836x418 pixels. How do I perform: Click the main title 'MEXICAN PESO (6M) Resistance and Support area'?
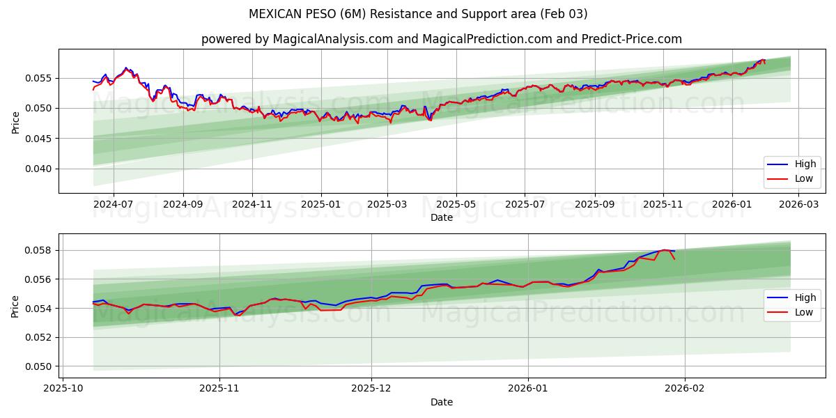pos(417,14)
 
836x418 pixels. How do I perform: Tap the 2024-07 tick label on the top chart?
pos(114,205)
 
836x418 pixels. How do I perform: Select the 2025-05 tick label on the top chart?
pos(456,205)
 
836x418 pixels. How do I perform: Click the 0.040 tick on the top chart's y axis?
pos(39,169)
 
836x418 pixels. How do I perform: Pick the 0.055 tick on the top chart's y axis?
pos(39,78)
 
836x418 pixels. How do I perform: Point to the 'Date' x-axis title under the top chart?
pos(441,217)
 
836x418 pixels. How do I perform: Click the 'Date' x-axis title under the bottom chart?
pos(441,402)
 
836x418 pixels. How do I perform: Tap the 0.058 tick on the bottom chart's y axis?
pos(39,250)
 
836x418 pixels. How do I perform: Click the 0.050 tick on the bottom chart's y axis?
pos(39,366)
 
